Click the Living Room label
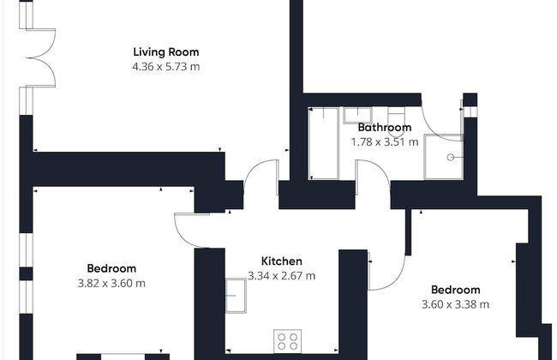coord(166,52)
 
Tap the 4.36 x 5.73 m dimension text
coord(166,67)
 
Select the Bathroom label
coord(385,127)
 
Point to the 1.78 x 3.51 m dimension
coord(385,142)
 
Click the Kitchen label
coord(282,261)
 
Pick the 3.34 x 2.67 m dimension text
coord(282,276)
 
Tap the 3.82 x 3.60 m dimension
coord(111,284)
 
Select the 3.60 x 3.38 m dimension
coord(455,304)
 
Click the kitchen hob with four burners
coord(287,341)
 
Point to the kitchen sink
coord(236,296)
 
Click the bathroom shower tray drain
coord(451,157)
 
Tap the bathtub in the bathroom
coord(323,144)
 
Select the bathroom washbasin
coord(357,116)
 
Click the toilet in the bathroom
coord(396,122)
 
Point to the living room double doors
coord(41,57)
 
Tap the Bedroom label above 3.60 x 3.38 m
coord(455,290)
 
